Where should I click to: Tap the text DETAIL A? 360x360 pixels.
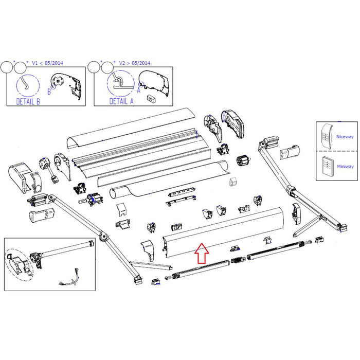121,101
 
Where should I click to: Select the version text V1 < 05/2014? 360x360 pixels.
49,62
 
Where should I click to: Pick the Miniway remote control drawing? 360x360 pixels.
326,166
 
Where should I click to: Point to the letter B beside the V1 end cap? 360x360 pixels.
49,92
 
